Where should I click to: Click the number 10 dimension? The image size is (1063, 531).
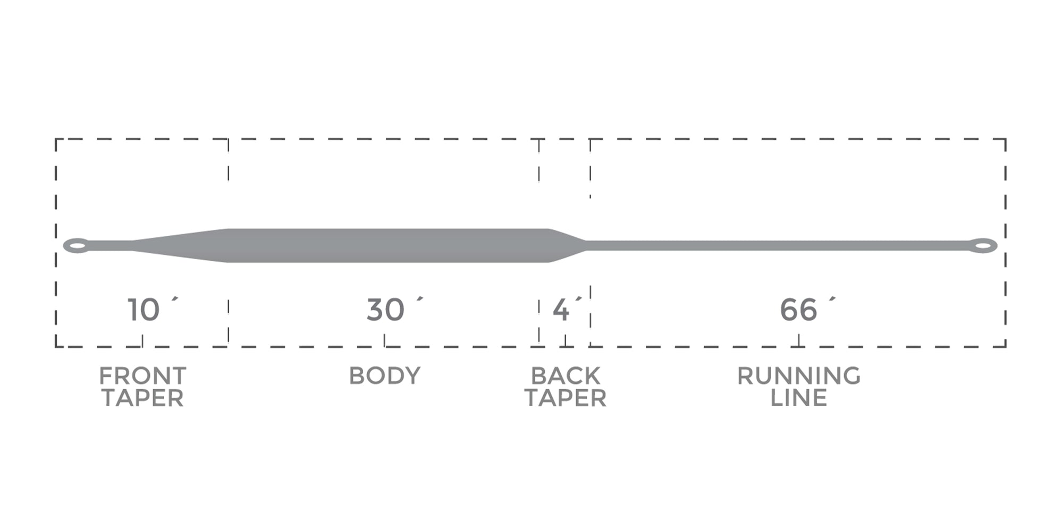[x=144, y=310]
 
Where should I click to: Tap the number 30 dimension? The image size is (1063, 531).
[x=385, y=310]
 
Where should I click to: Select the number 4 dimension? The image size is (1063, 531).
[x=561, y=310]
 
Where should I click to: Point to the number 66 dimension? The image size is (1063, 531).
[x=798, y=310]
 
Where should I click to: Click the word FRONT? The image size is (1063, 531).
[x=142, y=376]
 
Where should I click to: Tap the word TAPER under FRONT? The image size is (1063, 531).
[x=142, y=398]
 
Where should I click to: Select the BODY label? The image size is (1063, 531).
[x=385, y=376]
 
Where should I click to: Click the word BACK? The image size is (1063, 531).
[x=566, y=376]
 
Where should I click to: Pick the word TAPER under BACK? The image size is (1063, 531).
[x=566, y=398]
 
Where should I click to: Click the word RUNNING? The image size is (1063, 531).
[x=799, y=376]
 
